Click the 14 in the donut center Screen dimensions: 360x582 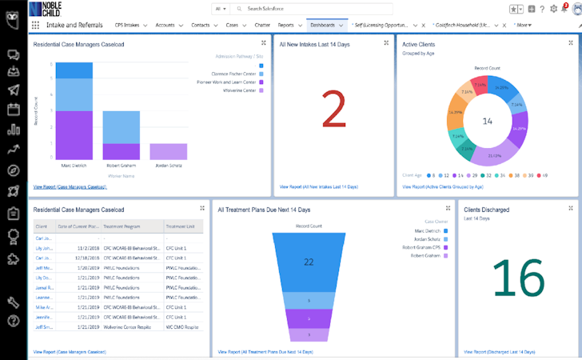click(x=486, y=121)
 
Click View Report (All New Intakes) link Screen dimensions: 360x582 click(x=318, y=186)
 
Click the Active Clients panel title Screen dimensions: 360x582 click(x=424, y=45)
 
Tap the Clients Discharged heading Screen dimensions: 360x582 click(x=487, y=210)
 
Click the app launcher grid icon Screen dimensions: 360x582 click(x=35, y=25)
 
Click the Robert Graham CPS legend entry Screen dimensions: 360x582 click(x=424, y=247)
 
